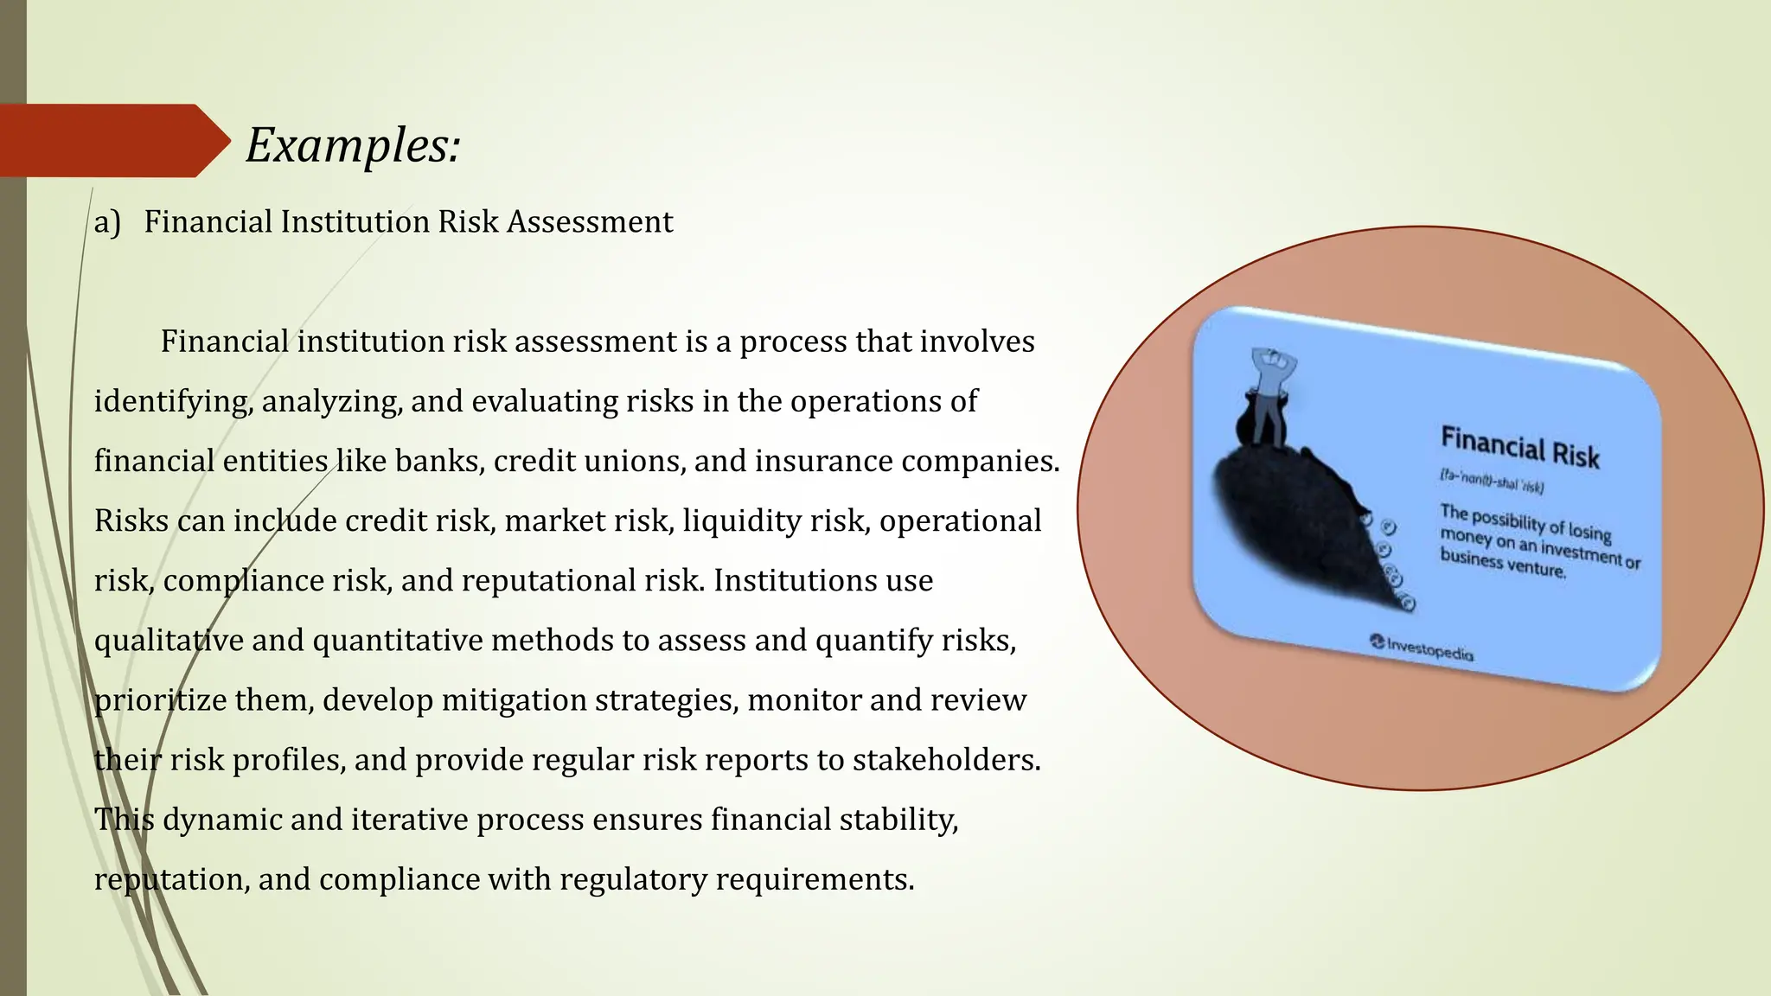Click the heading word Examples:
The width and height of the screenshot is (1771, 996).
tap(353, 144)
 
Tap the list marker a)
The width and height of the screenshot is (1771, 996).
tap(107, 222)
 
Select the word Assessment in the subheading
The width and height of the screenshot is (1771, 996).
tap(590, 222)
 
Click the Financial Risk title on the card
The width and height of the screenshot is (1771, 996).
tap(1519, 449)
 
